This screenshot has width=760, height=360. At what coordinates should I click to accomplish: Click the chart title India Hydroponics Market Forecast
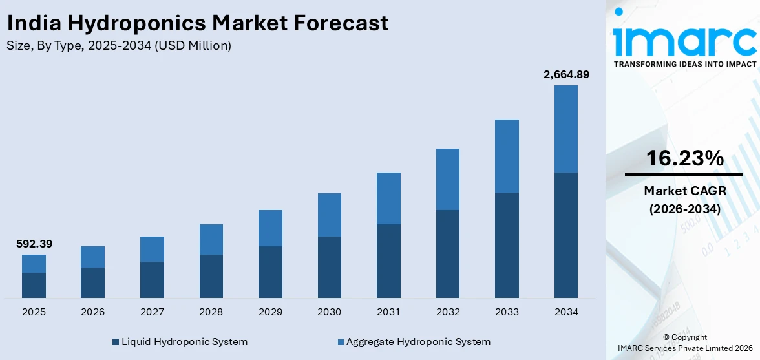pos(197,23)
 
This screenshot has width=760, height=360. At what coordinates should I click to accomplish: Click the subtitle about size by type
pos(118,45)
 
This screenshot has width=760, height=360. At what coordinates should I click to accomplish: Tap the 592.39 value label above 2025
pos(34,244)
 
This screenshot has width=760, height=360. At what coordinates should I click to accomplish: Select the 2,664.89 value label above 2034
pos(566,74)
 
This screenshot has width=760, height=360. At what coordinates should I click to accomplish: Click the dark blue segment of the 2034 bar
pos(565,235)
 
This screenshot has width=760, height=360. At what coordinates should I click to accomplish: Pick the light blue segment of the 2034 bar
pos(565,129)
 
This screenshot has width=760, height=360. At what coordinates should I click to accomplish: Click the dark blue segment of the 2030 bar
pos(330,267)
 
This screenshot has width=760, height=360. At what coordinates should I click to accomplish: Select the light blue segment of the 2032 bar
pos(447,179)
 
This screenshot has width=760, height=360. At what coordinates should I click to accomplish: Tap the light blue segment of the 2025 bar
pos(34,264)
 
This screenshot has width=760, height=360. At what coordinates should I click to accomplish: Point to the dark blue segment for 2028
pos(211,276)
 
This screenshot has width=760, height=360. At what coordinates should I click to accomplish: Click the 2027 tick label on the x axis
pos(152,312)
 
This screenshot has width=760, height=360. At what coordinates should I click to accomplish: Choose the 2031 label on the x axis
pos(388,312)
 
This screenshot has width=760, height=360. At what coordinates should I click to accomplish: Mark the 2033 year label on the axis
pos(507,312)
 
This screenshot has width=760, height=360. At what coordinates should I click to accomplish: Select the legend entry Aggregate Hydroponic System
pos(413,341)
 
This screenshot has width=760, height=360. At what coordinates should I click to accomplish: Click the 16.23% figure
pos(684,158)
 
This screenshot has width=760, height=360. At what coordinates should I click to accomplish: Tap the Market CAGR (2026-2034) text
pos(684,200)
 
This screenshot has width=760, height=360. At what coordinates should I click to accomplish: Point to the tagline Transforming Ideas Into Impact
pos(684,64)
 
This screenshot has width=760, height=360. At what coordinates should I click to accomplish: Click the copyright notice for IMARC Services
pos(684,343)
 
